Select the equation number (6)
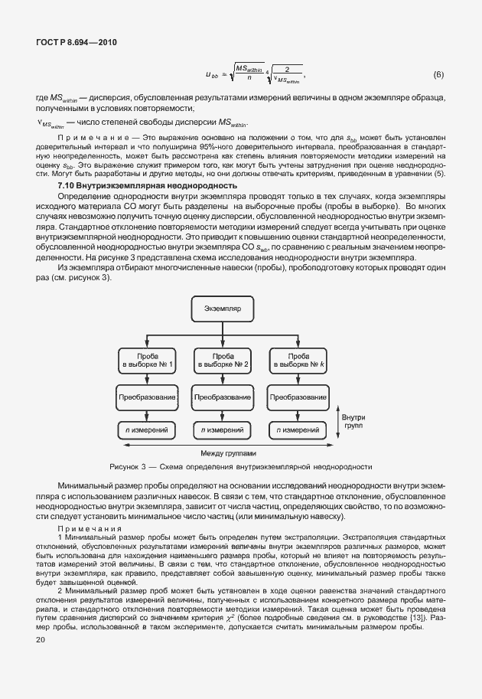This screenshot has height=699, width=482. coord(438,75)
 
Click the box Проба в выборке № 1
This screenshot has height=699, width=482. coord(148,361)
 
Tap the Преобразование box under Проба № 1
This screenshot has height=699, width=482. coord(148,398)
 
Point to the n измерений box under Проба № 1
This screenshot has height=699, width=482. coord(148,431)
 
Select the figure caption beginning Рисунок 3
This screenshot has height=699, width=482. coord(240,466)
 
